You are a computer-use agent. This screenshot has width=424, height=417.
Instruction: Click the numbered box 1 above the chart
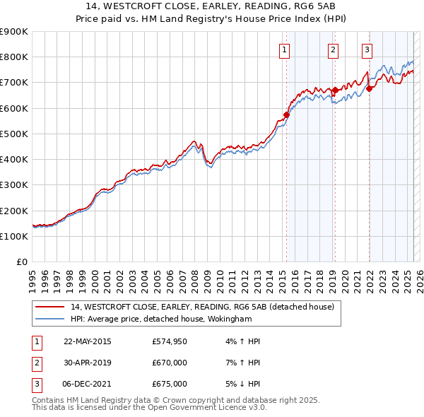point(284,49)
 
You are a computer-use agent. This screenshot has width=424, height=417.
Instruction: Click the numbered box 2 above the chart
point(332,49)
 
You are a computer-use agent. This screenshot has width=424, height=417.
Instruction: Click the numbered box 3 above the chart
point(367,49)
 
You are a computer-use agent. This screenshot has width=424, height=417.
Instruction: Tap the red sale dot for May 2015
point(286,114)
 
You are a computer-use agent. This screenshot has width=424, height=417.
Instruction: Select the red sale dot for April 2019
point(335,90)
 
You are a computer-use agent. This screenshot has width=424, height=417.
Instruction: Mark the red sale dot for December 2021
point(369,89)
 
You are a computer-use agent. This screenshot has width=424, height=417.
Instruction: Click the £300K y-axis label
point(14,185)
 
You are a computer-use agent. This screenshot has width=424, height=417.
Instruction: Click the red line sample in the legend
point(50,307)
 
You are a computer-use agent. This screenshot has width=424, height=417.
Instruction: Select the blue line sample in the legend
point(50,319)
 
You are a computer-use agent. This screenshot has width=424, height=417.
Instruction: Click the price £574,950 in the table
point(169,341)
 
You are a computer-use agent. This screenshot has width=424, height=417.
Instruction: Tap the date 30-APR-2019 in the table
point(88,363)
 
